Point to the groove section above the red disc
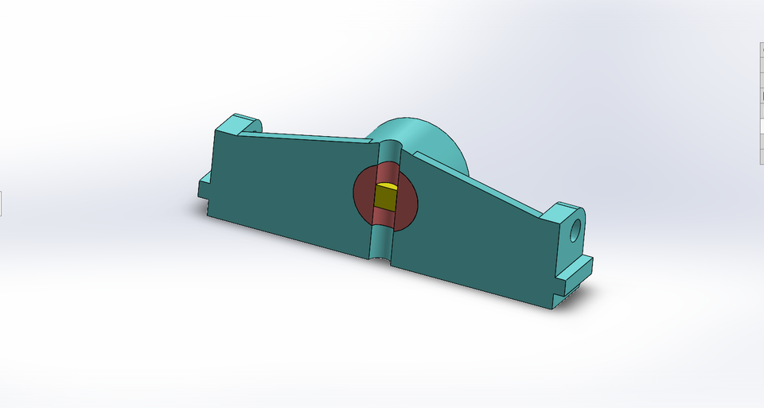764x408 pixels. point(390,151)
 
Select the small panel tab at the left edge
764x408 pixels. point(1,204)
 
